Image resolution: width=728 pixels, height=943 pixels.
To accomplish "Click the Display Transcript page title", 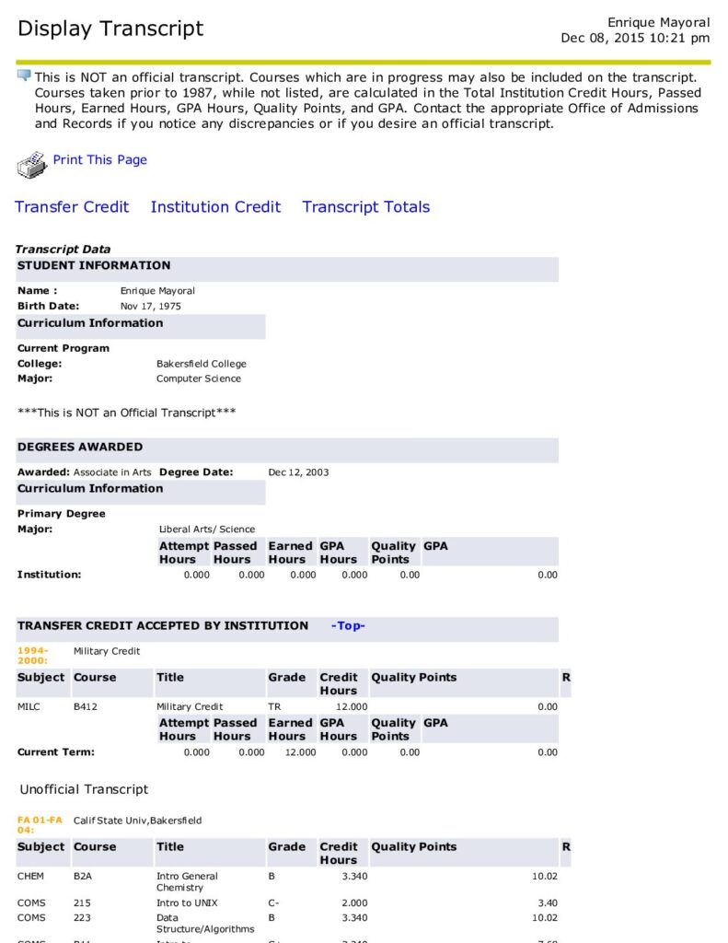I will (110, 29).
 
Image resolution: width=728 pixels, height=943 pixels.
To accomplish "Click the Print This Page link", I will (99, 160).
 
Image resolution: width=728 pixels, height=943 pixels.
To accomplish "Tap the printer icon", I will (31, 165).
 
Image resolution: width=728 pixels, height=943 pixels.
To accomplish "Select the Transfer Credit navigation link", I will (72, 207).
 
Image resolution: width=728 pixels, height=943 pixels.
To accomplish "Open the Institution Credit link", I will (215, 207).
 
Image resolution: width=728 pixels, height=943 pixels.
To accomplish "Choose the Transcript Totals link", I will (365, 207).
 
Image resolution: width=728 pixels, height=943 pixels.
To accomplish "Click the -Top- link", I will (348, 626).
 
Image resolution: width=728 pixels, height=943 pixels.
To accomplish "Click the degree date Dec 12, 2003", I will (298, 472).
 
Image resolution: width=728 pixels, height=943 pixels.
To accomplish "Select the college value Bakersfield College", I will (202, 364).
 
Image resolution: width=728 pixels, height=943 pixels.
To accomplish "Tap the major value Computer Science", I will (199, 378).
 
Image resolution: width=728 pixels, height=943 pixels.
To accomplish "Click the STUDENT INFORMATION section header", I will (94, 266).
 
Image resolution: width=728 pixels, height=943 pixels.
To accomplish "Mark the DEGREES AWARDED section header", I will (80, 448).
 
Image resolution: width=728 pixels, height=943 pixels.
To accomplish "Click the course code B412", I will (86, 707).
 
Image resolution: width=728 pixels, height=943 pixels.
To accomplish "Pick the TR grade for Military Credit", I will (276, 707).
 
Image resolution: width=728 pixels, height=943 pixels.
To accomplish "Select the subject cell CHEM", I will (31, 877).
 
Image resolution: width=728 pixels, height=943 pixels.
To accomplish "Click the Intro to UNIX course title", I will (187, 903).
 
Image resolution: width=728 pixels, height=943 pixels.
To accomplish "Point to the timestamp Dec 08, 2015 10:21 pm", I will (635, 38).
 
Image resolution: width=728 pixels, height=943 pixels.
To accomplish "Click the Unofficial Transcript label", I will (84, 789).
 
